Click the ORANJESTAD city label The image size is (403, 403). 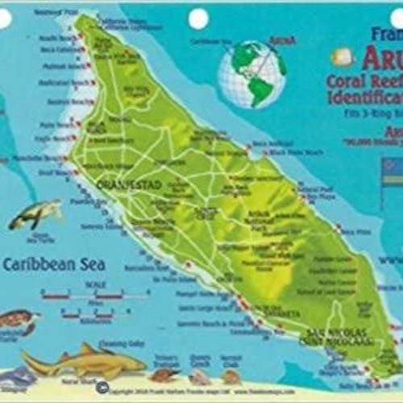pos(119,185)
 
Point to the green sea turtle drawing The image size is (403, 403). pos(35,214)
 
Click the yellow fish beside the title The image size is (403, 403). pos(343,56)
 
